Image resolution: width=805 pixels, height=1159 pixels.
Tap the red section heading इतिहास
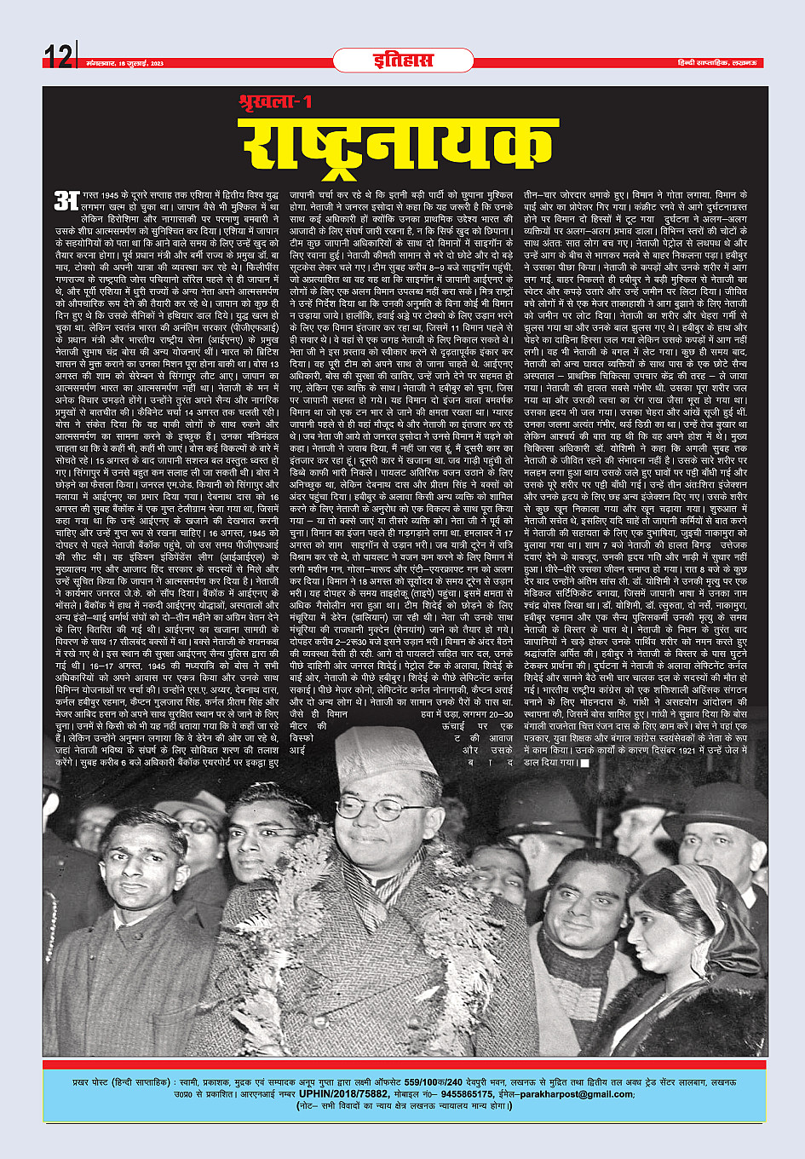tap(402, 60)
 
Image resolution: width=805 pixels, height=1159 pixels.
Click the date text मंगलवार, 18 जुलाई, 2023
tap(124, 63)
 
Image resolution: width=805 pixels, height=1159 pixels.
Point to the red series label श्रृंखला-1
tap(274, 102)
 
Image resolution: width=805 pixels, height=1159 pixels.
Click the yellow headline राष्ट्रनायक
tap(401, 144)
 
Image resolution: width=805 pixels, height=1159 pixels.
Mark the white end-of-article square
tap(584, 763)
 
